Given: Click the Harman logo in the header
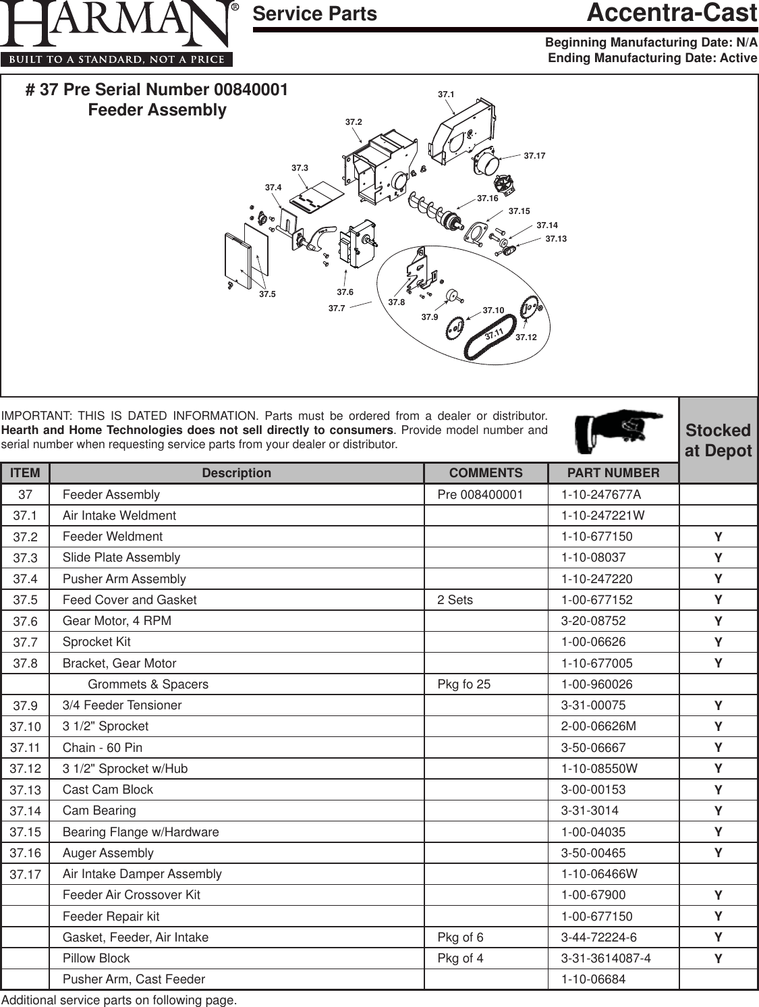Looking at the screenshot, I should (x=118, y=34).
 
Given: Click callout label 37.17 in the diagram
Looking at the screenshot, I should (x=534, y=156).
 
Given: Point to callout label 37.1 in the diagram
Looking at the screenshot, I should (x=446, y=95).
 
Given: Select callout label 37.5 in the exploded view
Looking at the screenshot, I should (x=268, y=294).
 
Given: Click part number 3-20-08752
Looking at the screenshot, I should (x=594, y=621).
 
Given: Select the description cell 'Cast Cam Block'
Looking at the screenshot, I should (x=108, y=790).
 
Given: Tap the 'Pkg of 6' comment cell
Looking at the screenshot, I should (x=461, y=937).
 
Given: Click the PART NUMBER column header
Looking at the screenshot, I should (x=613, y=473).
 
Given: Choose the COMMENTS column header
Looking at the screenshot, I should (x=486, y=473).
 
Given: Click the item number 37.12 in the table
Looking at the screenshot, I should (x=26, y=769).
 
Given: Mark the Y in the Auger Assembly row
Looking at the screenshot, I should (x=719, y=853).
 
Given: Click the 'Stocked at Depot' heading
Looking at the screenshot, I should (x=718, y=440).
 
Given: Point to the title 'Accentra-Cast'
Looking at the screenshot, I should (x=672, y=13).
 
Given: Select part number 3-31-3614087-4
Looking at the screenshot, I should (x=606, y=958).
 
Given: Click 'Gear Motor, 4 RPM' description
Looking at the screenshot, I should (x=117, y=621).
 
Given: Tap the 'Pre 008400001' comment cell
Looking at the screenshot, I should (x=480, y=495).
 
